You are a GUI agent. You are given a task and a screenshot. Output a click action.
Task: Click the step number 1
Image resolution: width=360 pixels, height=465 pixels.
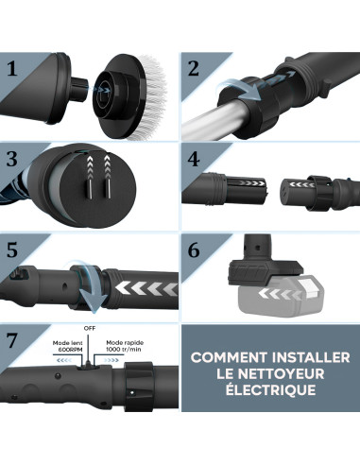point(12,69)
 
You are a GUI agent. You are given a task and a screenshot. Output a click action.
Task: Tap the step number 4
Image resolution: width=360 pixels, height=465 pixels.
point(193,158)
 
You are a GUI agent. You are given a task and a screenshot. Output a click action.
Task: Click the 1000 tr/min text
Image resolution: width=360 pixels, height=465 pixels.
point(128,351)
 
